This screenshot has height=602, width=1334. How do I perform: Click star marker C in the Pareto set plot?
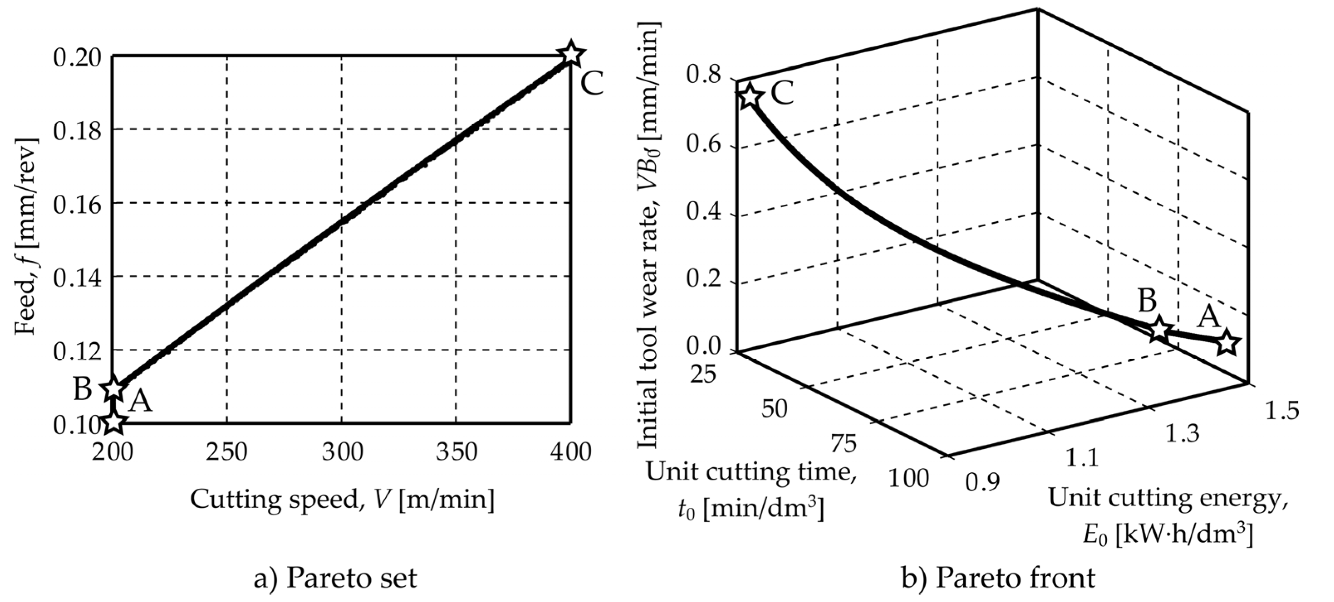pos(570,53)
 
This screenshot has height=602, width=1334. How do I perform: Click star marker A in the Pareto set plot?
pos(114,422)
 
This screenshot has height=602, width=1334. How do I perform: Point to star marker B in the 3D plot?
pos(1159,329)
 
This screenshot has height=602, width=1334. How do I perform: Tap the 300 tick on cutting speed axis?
pos(342,452)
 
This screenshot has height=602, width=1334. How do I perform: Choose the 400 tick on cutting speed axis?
pos(570,452)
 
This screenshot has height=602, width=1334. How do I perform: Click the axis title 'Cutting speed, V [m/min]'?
pos(342,499)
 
